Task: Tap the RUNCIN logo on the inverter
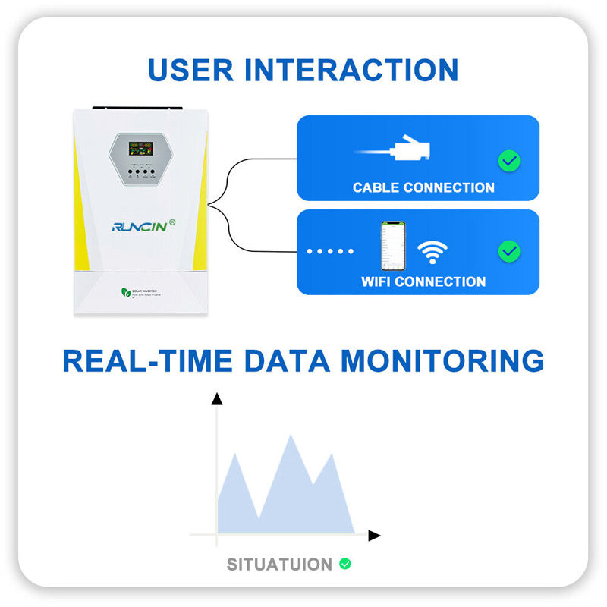click(138, 225)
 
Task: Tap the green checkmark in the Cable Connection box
click(508, 161)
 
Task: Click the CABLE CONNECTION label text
click(423, 187)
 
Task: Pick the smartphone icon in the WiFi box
click(392, 246)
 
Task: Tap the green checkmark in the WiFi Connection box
click(508, 251)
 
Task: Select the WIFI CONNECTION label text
click(423, 281)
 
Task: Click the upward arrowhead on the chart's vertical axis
click(217, 398)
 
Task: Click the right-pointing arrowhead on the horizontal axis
click(373, 535)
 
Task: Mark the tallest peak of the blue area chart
click(291, 437)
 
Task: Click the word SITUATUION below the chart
click(279, 565)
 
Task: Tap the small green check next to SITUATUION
click(345, 564)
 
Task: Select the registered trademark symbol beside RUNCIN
click(172, 222)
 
